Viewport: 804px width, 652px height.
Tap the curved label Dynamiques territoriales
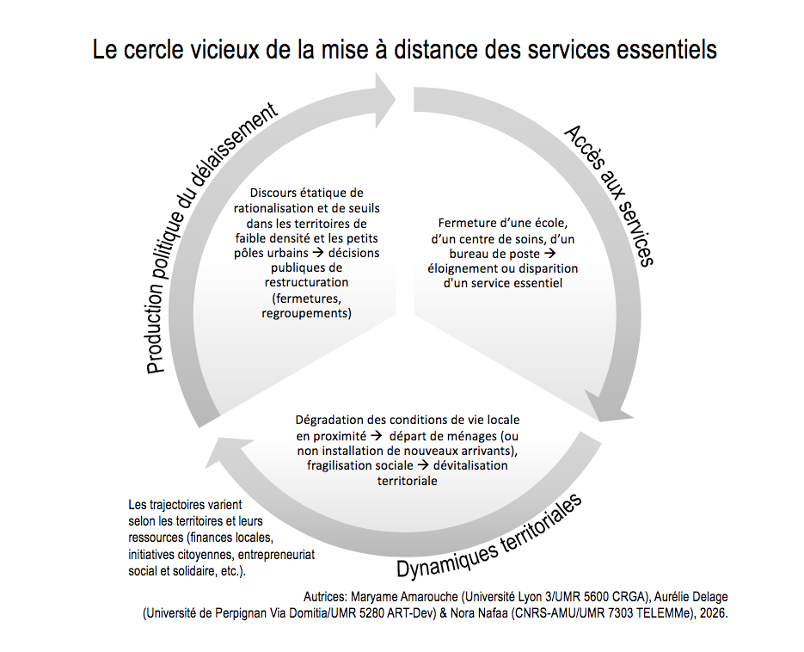click(490, 538)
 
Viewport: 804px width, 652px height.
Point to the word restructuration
click(306, 282)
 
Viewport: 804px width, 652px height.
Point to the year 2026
click(713, 614)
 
